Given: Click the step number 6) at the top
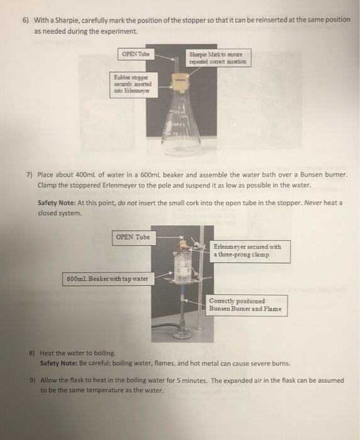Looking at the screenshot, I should pyautogui.click(x=26, y=19).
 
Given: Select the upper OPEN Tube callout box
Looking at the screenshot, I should pyautogui.click(x=136, y=53).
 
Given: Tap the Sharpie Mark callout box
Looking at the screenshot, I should pyautogui.click(x=219, y=58).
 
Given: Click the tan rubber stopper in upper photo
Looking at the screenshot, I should pyautogui.click(x=180, y=82).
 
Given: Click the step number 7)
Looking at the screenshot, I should pyautogui.click(x=30, y=173).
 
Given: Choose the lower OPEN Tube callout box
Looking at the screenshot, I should pyautogui.click(x=134, y=238).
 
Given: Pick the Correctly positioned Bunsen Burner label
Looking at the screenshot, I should pyautogui.click(x=248, y=305).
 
